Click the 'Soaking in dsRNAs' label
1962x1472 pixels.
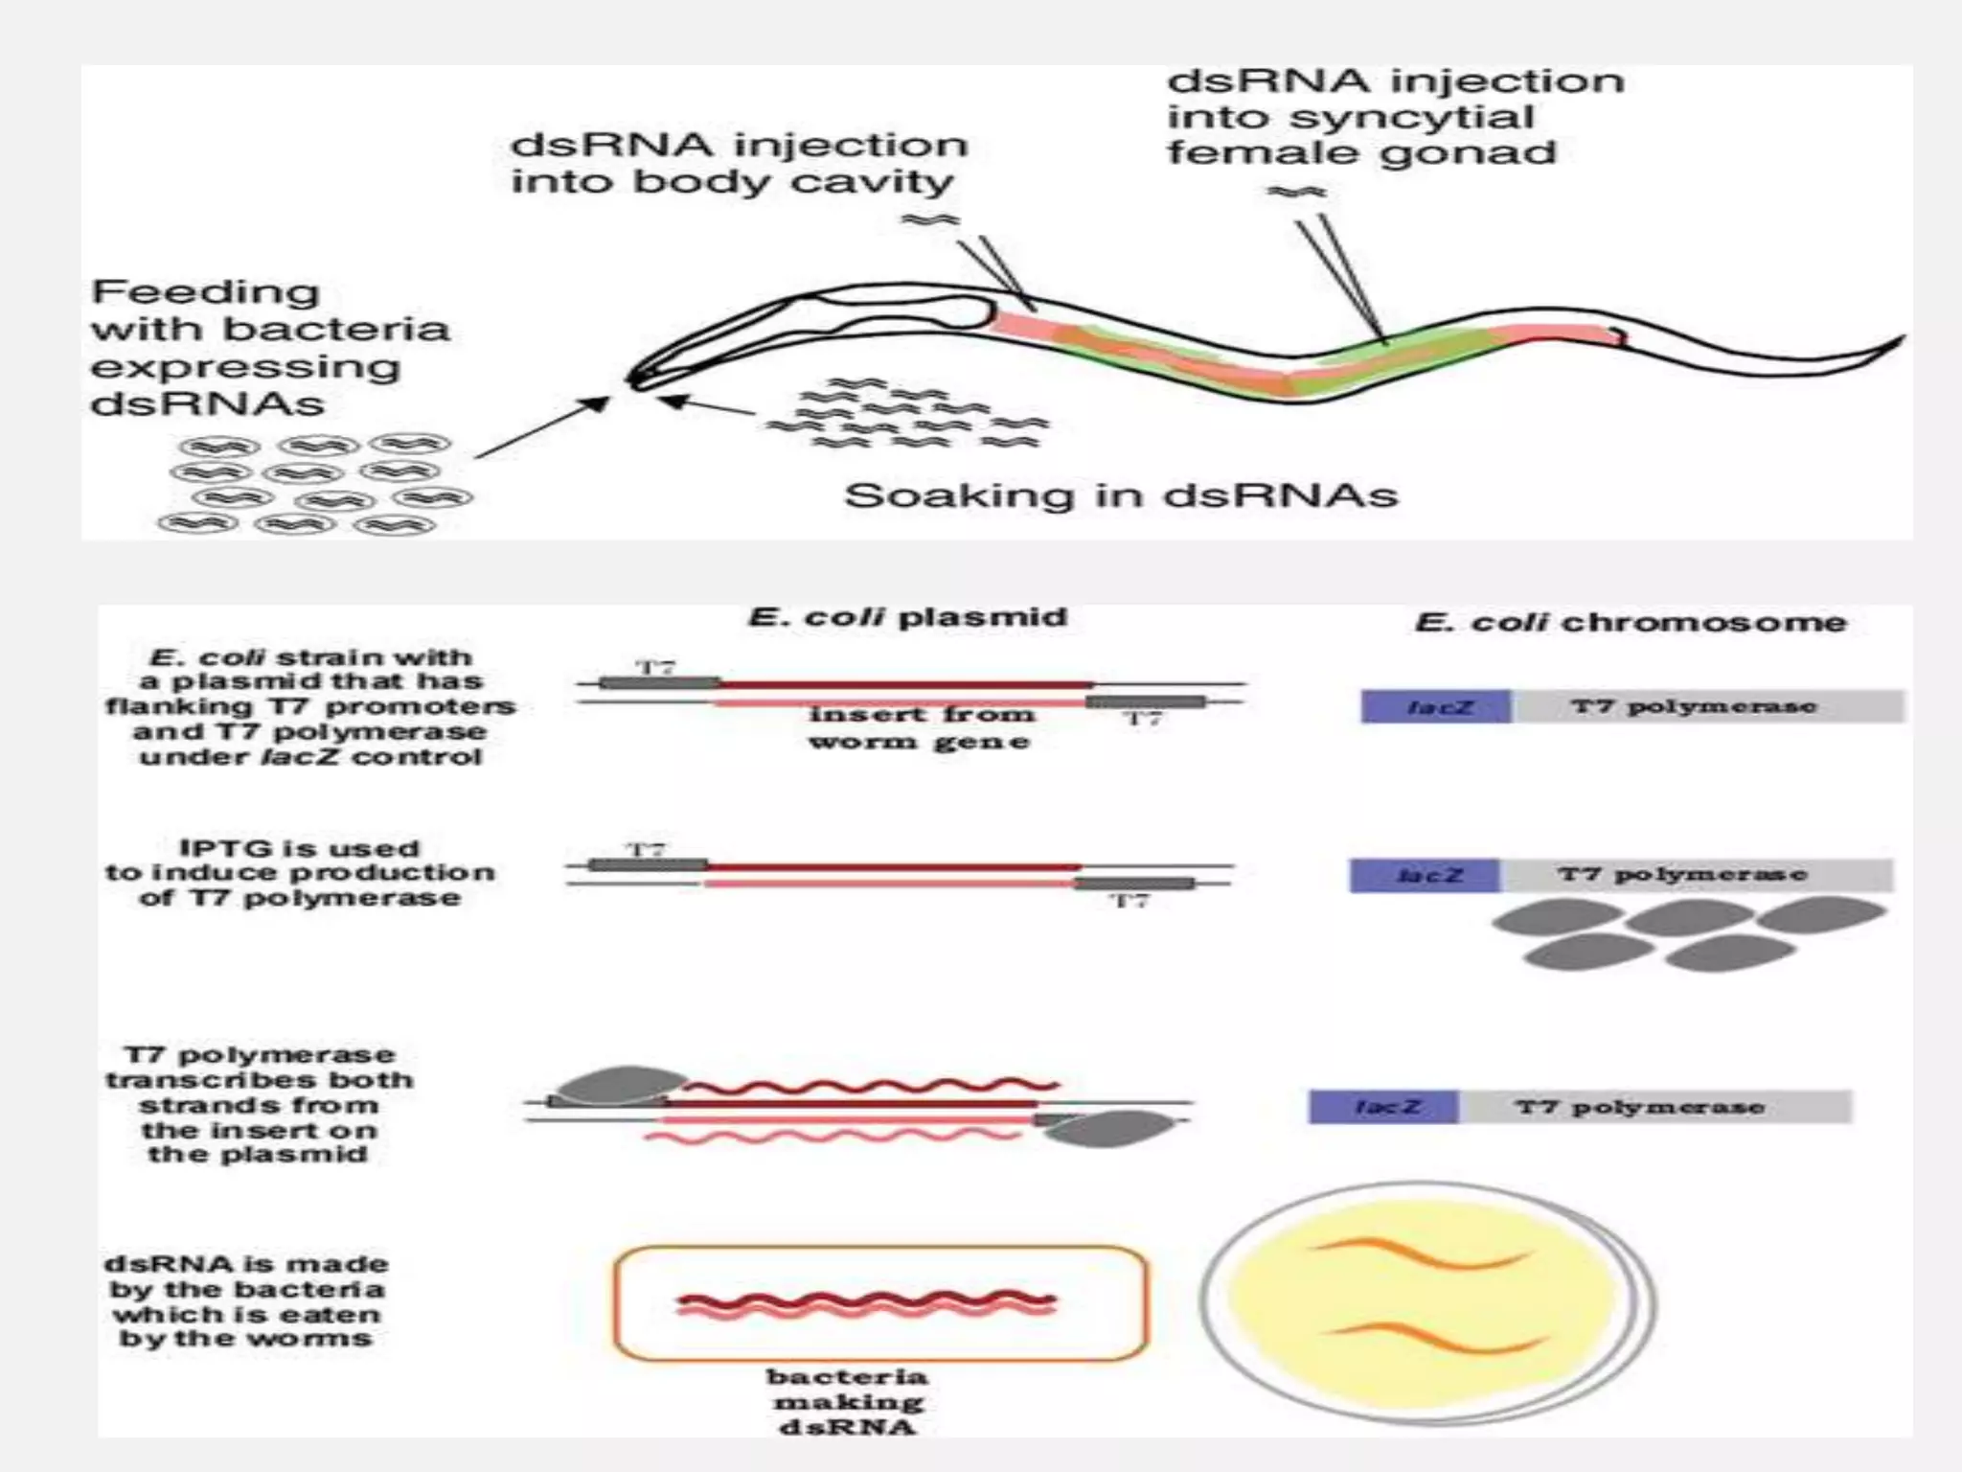[x=1120, y=495]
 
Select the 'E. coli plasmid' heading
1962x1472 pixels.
[x=906, y=616]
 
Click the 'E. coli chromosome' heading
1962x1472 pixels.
[x=1630, y=622]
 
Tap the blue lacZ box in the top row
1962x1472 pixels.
[x=1435, y=707]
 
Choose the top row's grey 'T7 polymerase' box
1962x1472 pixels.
[x=1707, y=707]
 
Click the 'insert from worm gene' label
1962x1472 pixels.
[x=920, y=727]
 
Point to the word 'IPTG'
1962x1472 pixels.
[x=217, y=848]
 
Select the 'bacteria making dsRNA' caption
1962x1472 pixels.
[x=847, y=1401]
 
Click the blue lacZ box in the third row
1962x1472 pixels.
[x=1383, y=1107]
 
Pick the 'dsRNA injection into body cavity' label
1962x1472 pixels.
[x=738, y=163]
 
